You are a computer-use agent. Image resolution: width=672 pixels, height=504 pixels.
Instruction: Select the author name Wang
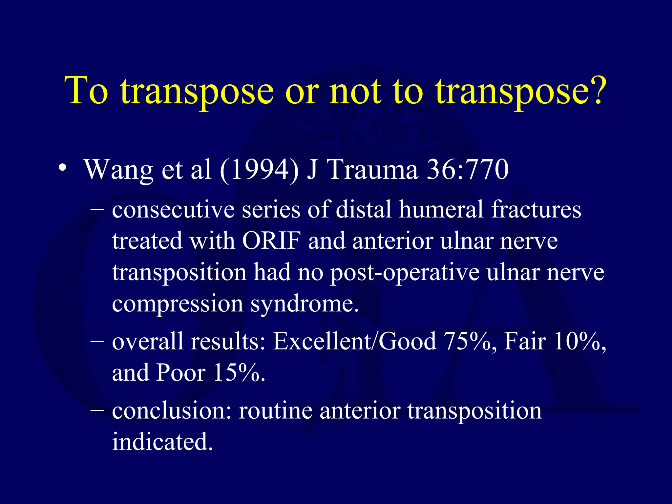(x=119, y=171)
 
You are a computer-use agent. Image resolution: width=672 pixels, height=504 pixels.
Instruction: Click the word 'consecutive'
(x=173, y=210)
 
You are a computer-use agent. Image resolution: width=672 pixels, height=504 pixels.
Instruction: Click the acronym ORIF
(x=271, y=241)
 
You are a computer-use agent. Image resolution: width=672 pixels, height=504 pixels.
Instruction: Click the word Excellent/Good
(x=354, y=342)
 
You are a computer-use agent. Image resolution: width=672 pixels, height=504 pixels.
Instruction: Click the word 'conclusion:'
(x=172, y=411)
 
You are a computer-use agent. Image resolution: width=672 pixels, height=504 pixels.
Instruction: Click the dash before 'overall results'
(x=97, y=342)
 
